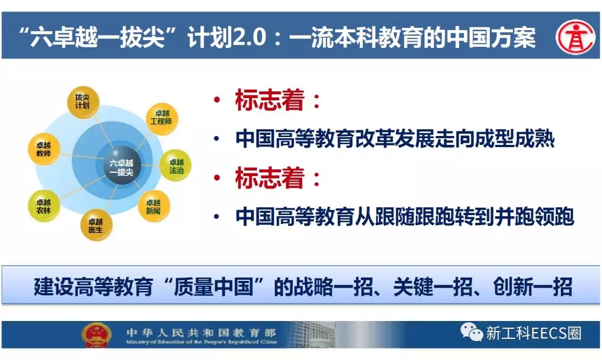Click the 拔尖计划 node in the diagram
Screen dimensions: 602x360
click(x=83, y=102)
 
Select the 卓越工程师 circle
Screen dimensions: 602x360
click(x=162, y=118)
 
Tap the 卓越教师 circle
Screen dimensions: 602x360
click(x=44, y=149)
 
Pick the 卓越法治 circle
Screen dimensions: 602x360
click(x=176, y=166)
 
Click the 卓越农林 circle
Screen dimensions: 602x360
click(x=44, y=206)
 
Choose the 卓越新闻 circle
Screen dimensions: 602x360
click(x=154, y=206)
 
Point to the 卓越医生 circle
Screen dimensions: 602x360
click(x=96, y=225)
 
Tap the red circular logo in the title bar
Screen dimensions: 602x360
click(x=575, y=37)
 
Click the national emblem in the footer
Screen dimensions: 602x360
click(x=96, y=334)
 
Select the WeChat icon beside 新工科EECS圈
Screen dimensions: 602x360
click(x=472, y=332)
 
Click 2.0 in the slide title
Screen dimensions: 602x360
click(x=249, y=37)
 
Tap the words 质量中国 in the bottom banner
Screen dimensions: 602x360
click(x=213, y=286)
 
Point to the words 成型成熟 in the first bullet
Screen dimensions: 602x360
click(x=514, y=139)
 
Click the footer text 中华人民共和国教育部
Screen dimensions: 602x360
click(x=201, y=332)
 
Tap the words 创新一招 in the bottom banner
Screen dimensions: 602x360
click(x=532, y=286)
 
